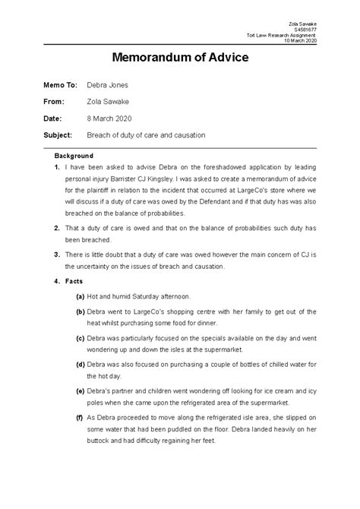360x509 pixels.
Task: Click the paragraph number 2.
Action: pos(57,228)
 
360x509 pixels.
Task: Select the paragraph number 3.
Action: pos(57,254)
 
